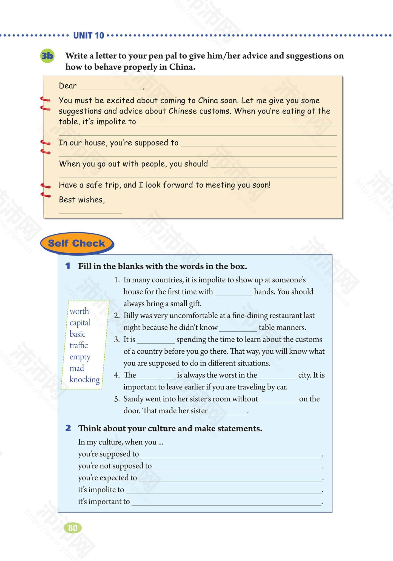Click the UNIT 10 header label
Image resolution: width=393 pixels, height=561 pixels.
coord(89,36)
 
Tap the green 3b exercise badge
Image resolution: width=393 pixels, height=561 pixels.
coord(47,56)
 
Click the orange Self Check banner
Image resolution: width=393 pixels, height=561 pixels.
coord(76,243)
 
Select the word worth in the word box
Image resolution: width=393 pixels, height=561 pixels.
coord(79,311)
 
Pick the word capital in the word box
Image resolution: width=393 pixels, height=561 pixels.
coord(80,323)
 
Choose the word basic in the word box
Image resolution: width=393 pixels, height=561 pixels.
coord(78,334)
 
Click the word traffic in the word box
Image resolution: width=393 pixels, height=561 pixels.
coord(79,345)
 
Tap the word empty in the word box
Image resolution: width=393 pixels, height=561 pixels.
coord(80,357)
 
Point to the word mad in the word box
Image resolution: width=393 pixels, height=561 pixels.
coord(77,368)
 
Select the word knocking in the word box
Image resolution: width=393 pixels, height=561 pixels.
coord(84,379)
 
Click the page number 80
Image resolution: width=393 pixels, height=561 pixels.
coord(73,528)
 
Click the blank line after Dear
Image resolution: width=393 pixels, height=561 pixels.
coord(111,87)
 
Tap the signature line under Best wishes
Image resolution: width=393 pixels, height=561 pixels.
coord(90,211)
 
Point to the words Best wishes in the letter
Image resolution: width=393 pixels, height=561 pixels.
coord(82,200)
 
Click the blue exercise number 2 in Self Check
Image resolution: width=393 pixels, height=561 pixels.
coord(68,428)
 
